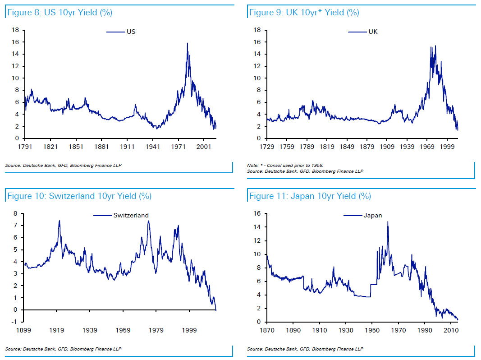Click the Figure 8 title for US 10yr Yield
59,13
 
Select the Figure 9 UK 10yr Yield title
304,13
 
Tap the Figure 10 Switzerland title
78,196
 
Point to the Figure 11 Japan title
310,196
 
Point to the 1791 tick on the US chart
24,147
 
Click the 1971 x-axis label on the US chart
179,147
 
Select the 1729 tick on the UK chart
267,147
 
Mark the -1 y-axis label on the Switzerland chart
15,322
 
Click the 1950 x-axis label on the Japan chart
373,330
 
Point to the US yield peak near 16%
187,43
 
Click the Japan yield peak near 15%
388,222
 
